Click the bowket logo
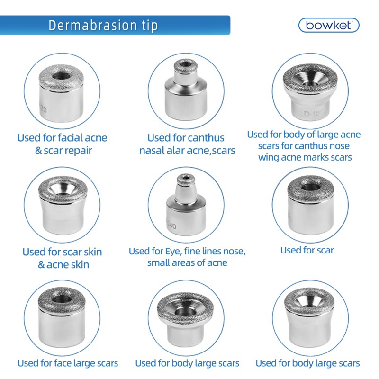328,25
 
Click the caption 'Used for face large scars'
68,364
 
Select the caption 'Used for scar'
307,250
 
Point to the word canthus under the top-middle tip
205,138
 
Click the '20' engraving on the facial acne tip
43,109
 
